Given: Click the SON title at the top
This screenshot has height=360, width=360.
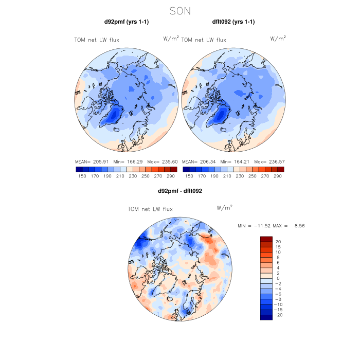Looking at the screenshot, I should coord(180,10).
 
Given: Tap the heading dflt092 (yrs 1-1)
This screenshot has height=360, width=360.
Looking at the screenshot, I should coord(233,22).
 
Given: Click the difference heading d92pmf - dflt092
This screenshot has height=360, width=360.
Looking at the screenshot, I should coord(180,191).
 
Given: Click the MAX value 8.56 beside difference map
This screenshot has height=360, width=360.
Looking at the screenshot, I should coord(300,226).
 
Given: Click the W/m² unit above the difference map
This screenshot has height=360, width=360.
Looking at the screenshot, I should coord(225,208).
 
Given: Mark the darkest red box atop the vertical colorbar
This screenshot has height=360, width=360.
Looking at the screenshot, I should coord(266,239).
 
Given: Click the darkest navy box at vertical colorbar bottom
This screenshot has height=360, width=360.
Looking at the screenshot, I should coord(266,317).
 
